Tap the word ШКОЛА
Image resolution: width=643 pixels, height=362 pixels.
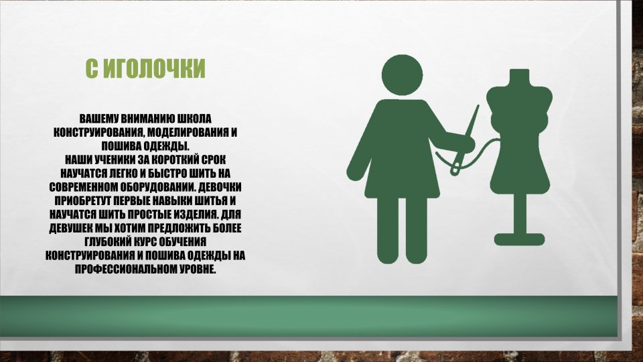click(x=194, y=119)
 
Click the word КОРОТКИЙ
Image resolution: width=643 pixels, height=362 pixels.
click(x=178, y=160)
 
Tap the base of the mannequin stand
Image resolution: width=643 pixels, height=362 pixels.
click(x=519, y=239)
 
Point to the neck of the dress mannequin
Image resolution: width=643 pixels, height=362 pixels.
click(x=519, y=76)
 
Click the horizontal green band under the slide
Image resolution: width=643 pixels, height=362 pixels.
click(x=308, y=316)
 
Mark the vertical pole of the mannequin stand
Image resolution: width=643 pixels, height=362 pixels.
click(x=519, y=214)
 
